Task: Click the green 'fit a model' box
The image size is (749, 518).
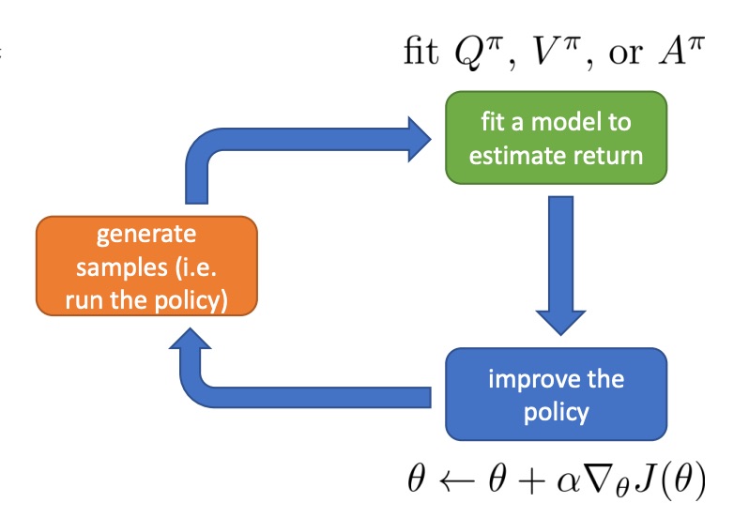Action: click(x=556, y=139)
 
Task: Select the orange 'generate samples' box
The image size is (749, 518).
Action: click(x=146, y=266)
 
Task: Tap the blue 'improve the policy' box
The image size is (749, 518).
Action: click(x=556, y=394)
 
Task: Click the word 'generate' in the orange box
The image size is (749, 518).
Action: click(x=146, y=234)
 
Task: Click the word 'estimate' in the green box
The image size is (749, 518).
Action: click(x=514, y=153)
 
